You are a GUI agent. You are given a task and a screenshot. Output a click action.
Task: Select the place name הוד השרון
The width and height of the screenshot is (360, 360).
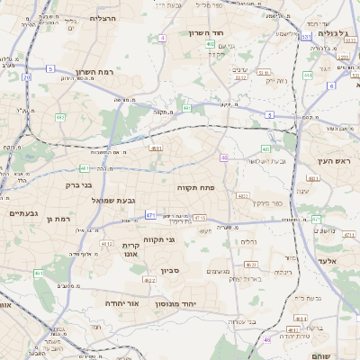coord(204,33)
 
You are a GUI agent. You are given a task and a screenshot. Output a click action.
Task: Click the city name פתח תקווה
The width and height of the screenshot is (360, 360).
coord(194,186)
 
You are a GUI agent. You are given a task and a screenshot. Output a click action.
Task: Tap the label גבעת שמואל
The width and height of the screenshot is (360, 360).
coord(112,200)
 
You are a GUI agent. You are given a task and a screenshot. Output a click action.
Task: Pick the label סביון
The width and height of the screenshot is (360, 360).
coord(170,271)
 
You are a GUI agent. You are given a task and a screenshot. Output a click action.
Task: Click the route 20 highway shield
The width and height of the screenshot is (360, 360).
coord(27,77)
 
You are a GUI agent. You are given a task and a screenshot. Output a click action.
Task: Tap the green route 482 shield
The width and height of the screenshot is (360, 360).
coord(59,117)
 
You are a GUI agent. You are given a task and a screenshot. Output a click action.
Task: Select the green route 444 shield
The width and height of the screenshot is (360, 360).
coord(308,76)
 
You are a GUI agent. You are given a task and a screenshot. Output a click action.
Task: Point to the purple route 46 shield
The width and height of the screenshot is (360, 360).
coord(266,339)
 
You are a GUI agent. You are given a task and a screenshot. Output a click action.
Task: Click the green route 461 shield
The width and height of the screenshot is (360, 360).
coord(39,273)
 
